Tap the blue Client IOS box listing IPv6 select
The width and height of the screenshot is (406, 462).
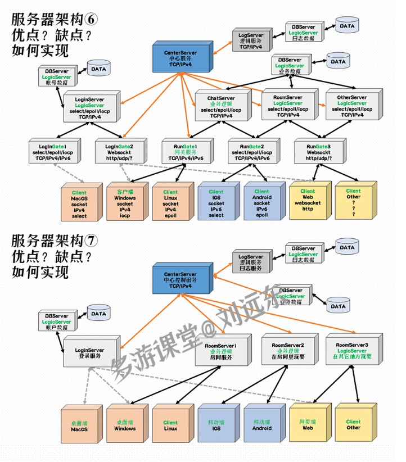[216, 203]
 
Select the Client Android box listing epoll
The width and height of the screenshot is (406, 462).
[261, 203]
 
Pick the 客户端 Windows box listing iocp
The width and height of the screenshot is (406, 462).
[125, 203]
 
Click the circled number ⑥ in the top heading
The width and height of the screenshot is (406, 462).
[92, 19]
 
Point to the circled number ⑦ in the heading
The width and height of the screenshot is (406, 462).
[92, 241]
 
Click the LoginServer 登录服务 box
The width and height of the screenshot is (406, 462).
[89, 352]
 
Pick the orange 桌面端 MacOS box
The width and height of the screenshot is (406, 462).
[79, 425]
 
